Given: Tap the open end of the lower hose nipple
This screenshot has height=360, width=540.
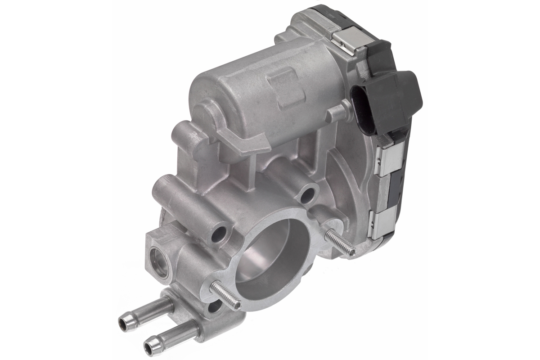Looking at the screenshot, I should (x=149, y=347).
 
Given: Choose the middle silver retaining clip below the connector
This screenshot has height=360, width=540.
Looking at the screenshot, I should (x=388, y=155).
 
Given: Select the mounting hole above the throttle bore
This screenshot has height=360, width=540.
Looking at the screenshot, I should (x=308, y=195).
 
